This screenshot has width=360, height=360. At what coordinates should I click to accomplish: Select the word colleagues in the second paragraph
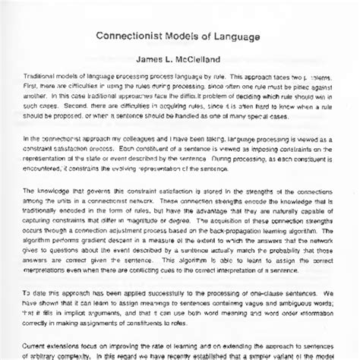coord(147,140)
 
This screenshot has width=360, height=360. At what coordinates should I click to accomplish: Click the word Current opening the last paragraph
coord(38,343)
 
